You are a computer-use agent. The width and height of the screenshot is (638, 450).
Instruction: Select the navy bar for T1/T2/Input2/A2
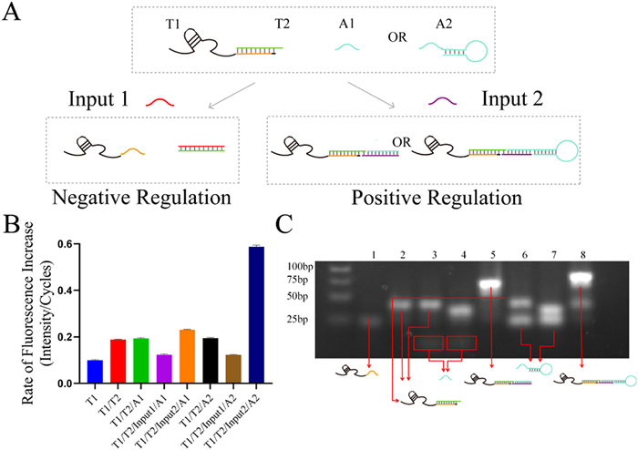tap(258, 314)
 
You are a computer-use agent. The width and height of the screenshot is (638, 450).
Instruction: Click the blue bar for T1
tap(94, 372)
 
